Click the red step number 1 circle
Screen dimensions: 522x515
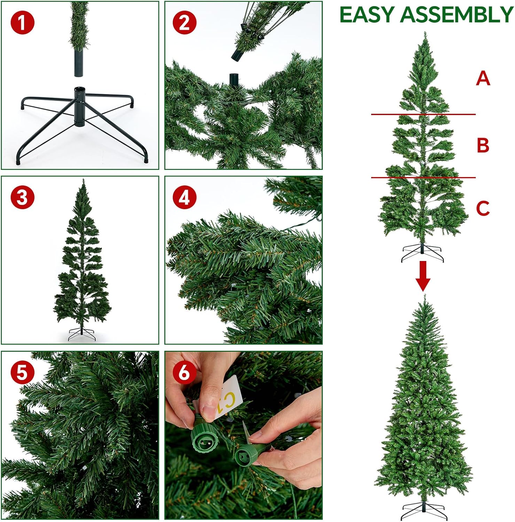tap(22, 23)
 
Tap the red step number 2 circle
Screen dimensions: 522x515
tap(184, 23)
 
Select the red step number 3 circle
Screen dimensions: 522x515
tap(22, 197)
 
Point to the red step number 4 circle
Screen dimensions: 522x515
tap(184, 197)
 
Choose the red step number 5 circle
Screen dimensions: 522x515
tap(22, 372)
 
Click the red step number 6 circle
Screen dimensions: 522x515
tap(184, 372)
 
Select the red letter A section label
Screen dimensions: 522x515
tap(483, 79)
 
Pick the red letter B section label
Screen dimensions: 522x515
tap(483, 145)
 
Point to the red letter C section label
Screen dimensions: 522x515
tap(483, 208)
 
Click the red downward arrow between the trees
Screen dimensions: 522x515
tap(423, 276)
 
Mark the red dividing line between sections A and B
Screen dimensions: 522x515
tap(423, 114)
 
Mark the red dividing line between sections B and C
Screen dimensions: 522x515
tap(423, 177)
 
